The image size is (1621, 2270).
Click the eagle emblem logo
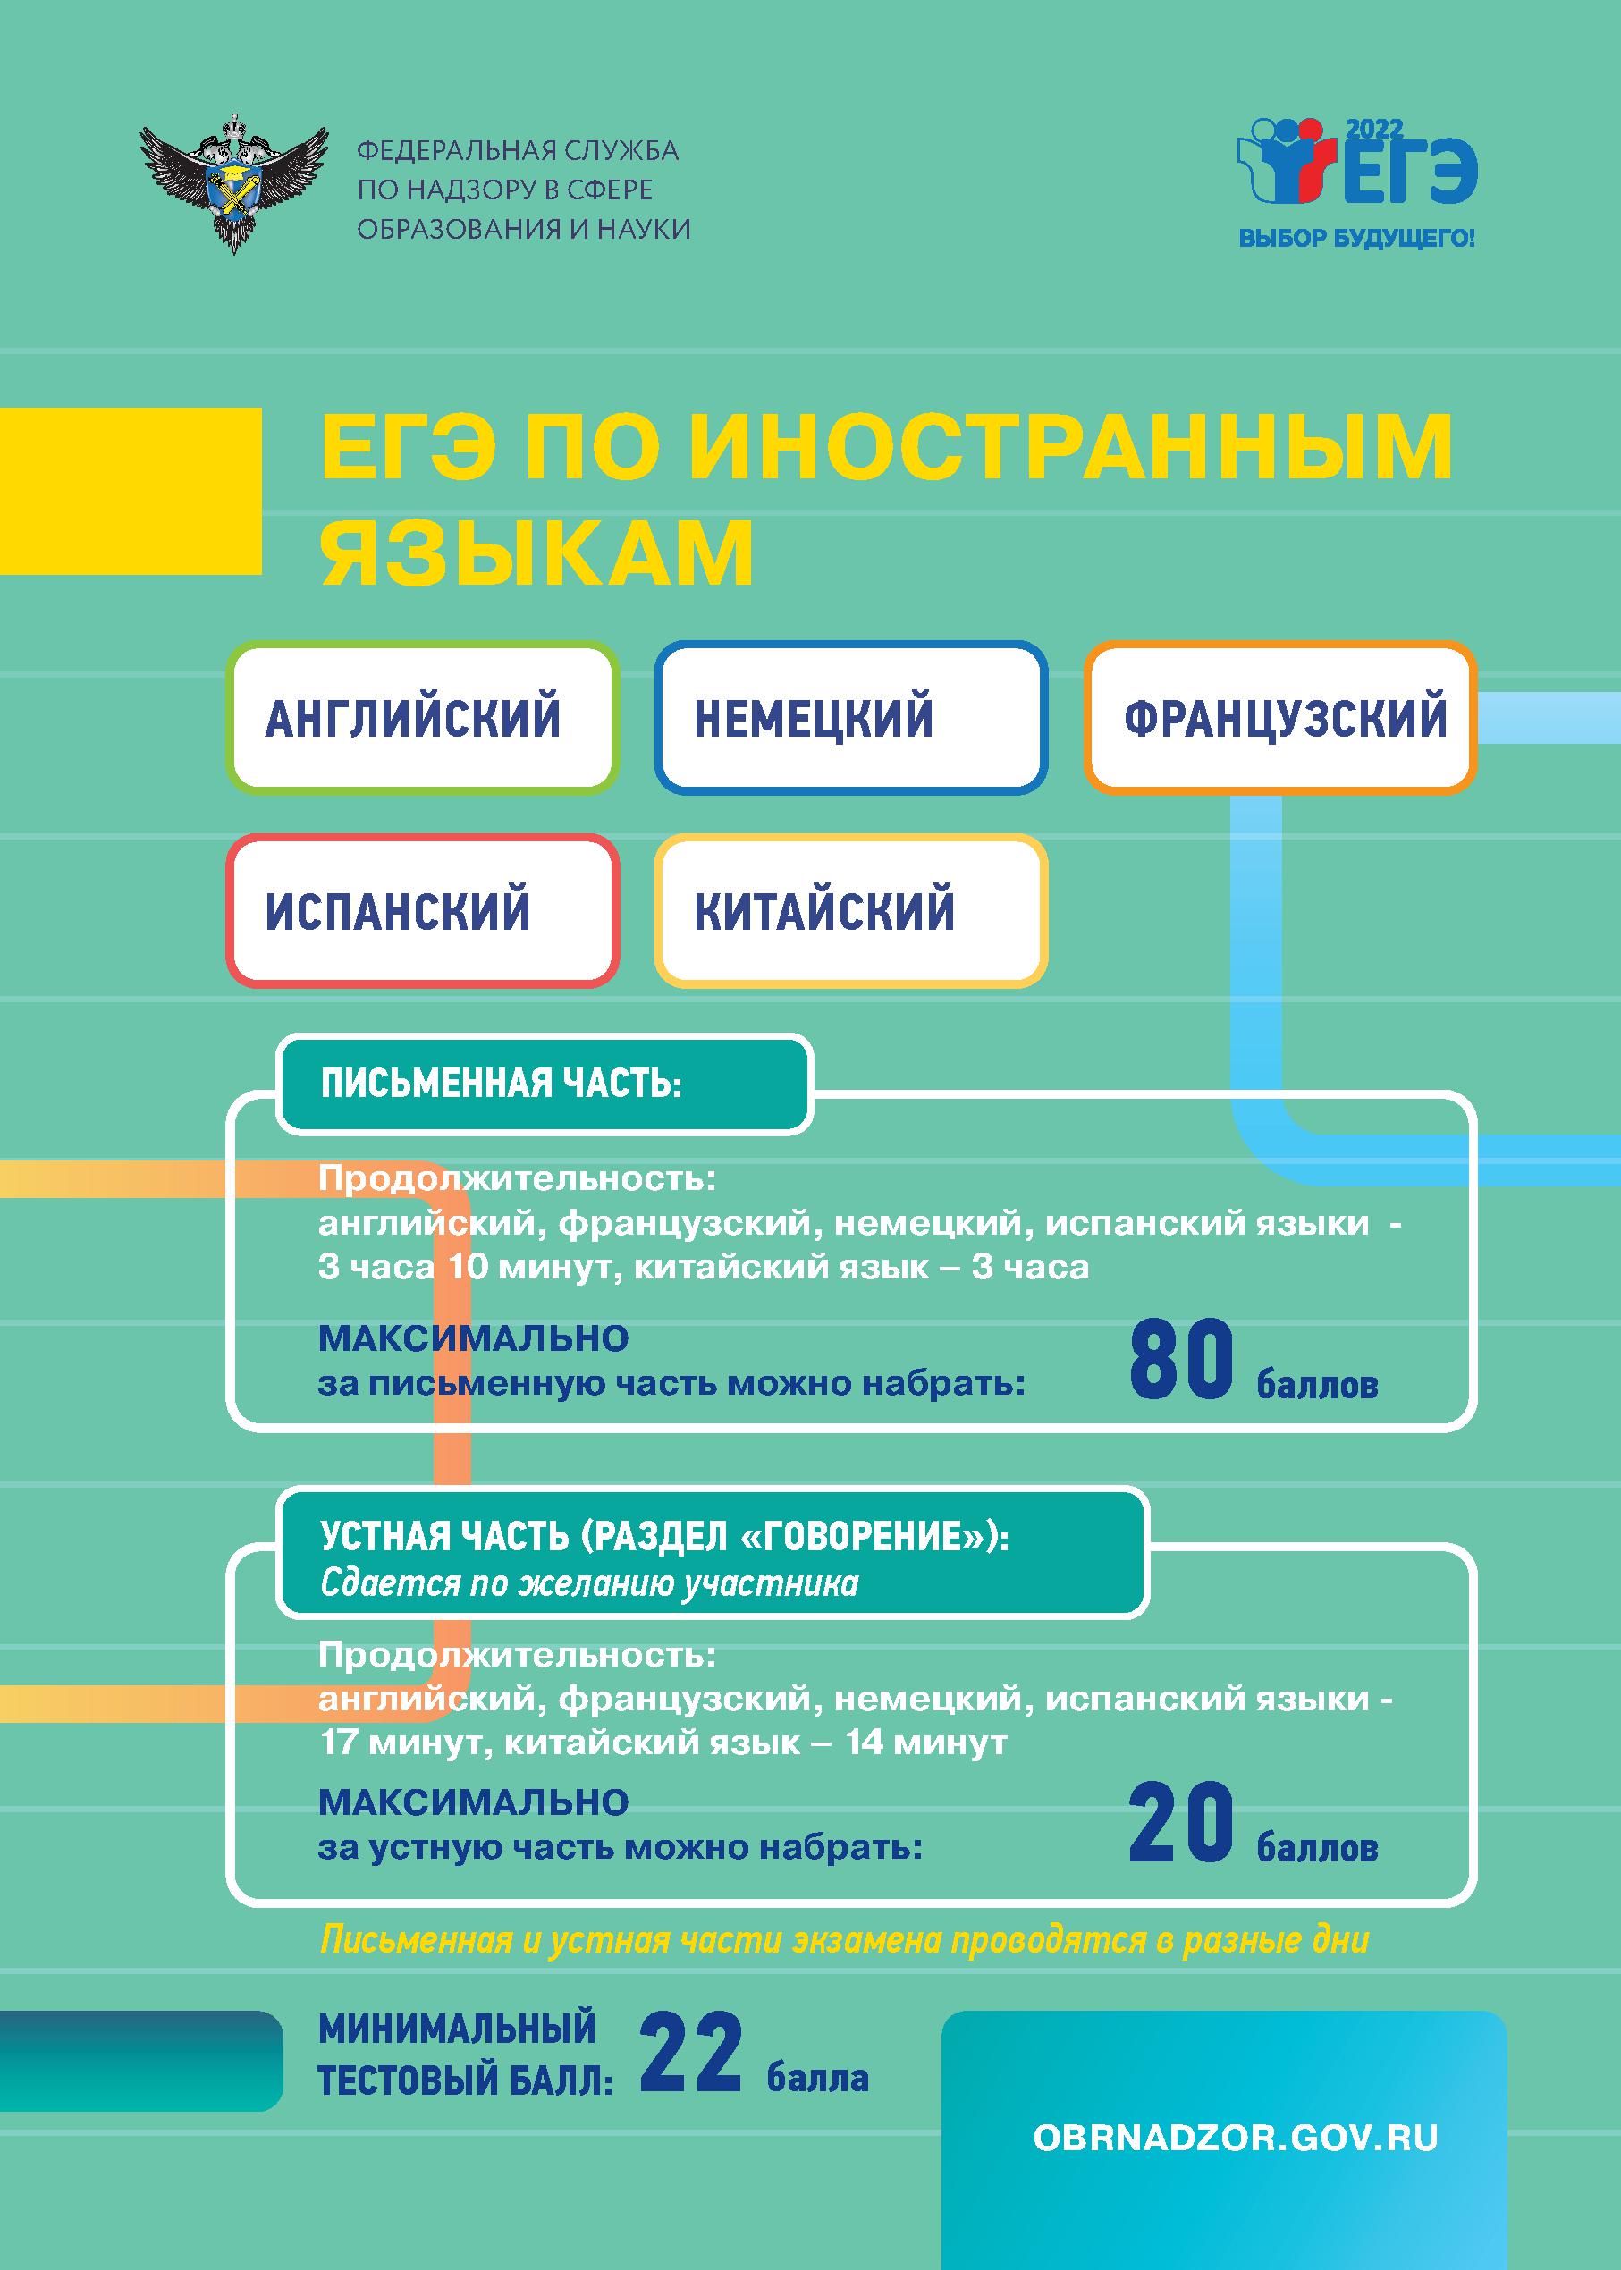point(234,182)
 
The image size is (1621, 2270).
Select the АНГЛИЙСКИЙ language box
point(422,717)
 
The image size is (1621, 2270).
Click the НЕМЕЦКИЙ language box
point(851,717)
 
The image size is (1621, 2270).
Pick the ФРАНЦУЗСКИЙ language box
point(1280,717)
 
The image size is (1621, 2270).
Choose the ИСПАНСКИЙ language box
point(422,910)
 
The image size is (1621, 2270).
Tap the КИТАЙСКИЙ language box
point(851,910)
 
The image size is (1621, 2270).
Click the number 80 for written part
point(1182,1359)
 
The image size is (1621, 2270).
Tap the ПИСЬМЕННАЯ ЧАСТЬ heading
point(501,1084)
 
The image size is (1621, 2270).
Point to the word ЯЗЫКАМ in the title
point(537,551)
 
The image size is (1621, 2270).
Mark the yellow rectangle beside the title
point(131,491)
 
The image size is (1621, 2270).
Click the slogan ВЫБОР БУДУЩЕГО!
point(1356,239)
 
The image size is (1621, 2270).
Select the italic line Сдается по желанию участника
point(589,1584)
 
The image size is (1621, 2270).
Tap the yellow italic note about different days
point(844,1941)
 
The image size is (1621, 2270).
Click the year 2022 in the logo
point(1374,129)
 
